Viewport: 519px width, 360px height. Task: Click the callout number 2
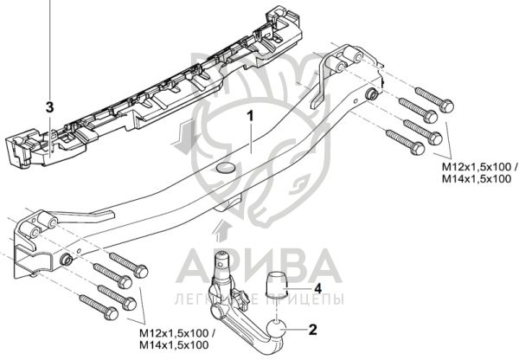[314, 329]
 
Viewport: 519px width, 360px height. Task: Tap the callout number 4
[317, 287]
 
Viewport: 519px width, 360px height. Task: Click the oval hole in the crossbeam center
[225, 167]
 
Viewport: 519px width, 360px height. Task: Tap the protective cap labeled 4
[276, 285]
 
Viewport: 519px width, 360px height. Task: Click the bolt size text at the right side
[477, 171]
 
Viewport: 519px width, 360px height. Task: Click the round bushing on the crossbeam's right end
[371, 94]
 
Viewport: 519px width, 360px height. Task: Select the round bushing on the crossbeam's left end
[67, 260]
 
